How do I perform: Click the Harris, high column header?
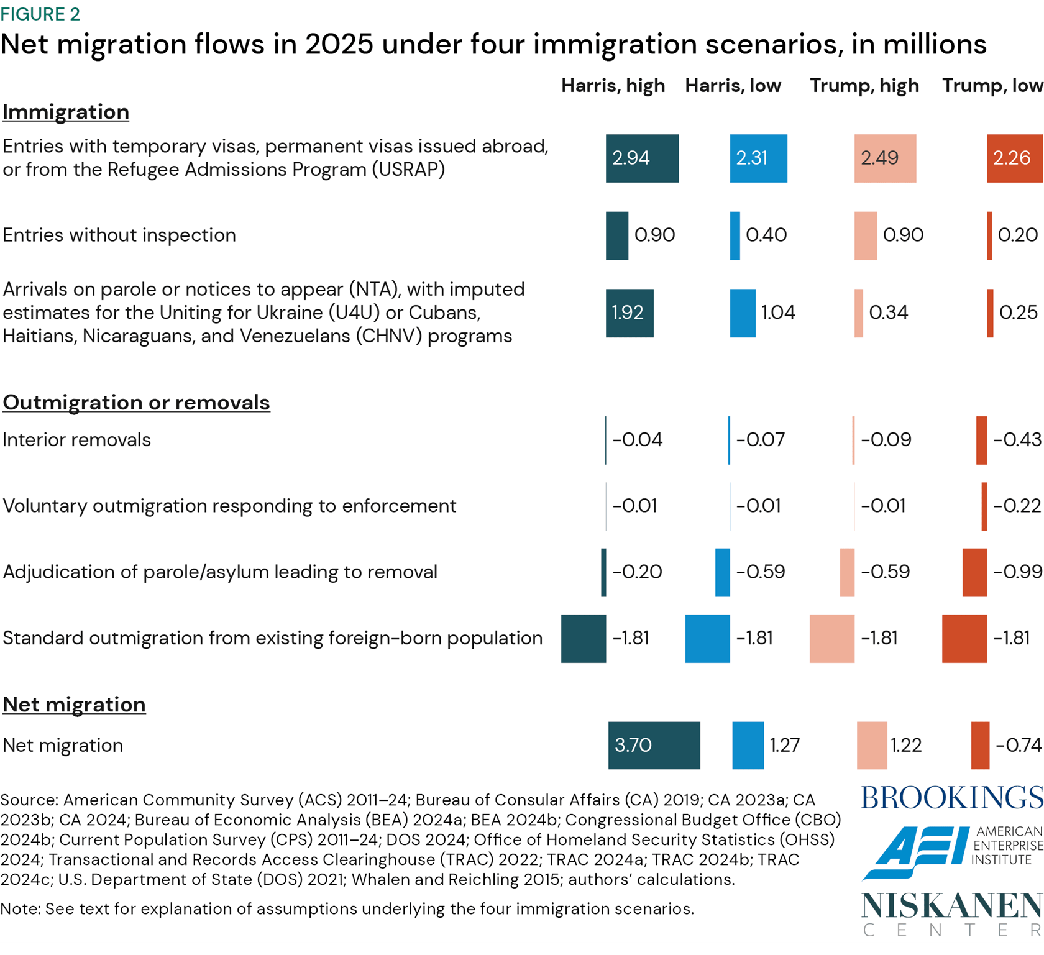(613, 85)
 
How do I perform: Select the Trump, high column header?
(864, 85)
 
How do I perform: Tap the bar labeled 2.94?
(642, 158)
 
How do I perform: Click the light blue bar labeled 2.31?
(758, 158)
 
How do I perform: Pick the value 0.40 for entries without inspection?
(766, 235)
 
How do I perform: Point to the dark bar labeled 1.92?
(630, 313)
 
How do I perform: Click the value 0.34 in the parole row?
(889, 312)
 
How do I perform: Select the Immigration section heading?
(66, 112)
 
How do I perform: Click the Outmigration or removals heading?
(136, 403)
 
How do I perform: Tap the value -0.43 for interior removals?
(1017, 440)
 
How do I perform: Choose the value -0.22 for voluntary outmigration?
(1017, 506)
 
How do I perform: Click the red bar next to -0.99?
(974, 572)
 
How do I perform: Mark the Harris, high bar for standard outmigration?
(583, 638)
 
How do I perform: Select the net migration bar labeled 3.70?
(654, 745)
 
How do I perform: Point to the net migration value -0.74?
(1019, 745)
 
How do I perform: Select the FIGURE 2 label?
(40, 14)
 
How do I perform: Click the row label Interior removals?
(77, 440)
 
